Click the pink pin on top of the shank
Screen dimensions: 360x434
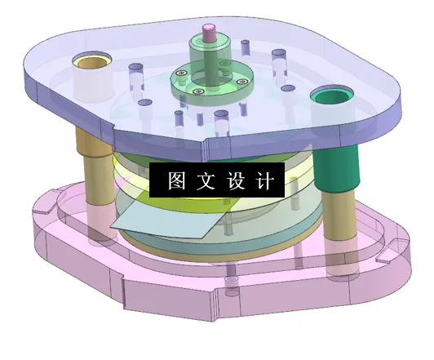(x=210, y=33)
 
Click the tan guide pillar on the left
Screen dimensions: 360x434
(x=91, y=184)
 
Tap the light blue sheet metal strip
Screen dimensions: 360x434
(x=163, y=217)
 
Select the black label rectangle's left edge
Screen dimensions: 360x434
(x=152, y=181)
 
